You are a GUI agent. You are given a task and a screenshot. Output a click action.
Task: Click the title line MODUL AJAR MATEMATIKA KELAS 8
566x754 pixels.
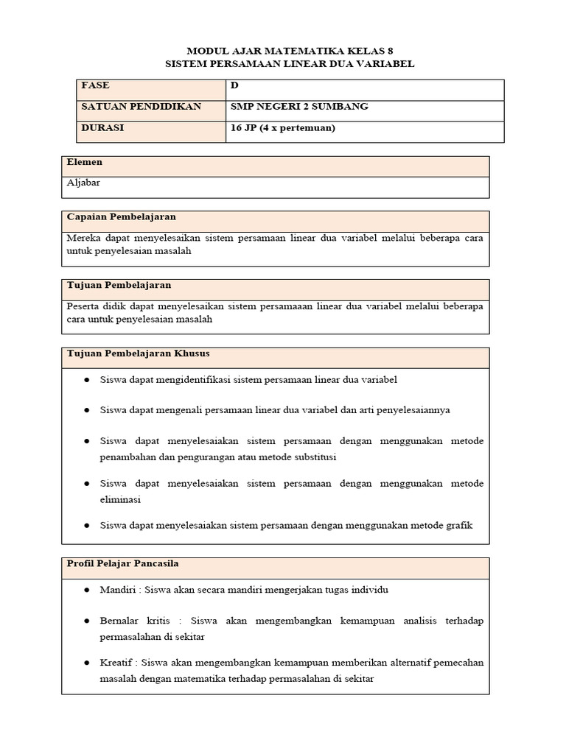(290, 50)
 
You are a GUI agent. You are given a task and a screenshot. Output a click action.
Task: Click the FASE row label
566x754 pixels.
(96, 86)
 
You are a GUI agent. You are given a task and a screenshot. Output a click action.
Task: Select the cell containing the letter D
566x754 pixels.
(234, 86)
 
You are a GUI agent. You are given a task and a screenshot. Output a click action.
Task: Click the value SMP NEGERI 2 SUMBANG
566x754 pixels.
(299, 107)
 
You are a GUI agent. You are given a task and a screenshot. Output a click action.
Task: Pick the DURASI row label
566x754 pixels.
(103, 128)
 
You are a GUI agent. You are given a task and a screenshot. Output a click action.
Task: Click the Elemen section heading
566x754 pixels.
(85, 162)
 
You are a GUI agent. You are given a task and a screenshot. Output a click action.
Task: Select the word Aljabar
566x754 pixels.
(83, 183)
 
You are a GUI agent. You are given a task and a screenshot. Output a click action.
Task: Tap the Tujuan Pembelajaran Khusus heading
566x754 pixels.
(138, 353)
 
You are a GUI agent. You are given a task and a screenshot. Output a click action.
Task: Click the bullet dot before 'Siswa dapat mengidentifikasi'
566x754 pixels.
(86, 380)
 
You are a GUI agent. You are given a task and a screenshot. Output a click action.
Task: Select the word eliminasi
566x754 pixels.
(122, 498)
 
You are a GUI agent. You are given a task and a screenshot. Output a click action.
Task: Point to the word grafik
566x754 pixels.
(457, 525)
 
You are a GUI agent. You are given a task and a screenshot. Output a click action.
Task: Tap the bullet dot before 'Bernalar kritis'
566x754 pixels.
(86, 621)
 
